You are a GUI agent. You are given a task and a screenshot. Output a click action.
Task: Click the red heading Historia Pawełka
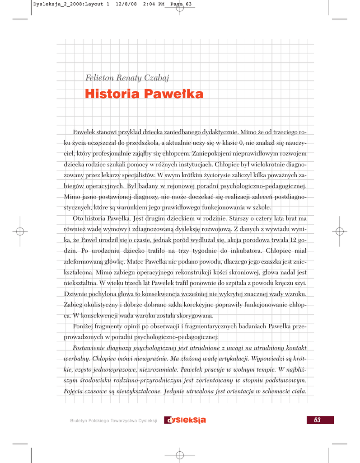pos(144,94)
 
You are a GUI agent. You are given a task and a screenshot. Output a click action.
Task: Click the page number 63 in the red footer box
pos(317,420)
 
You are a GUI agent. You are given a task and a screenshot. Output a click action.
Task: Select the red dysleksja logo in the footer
pos(185,420)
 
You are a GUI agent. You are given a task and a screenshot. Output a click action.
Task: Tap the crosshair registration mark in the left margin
pos(19,231)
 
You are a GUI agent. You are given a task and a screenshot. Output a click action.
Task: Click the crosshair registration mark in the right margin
pos(340,231)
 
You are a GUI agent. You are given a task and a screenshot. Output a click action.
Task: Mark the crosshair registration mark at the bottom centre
pos(179,454)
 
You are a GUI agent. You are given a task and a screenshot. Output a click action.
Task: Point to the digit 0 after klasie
pos(241,143)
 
